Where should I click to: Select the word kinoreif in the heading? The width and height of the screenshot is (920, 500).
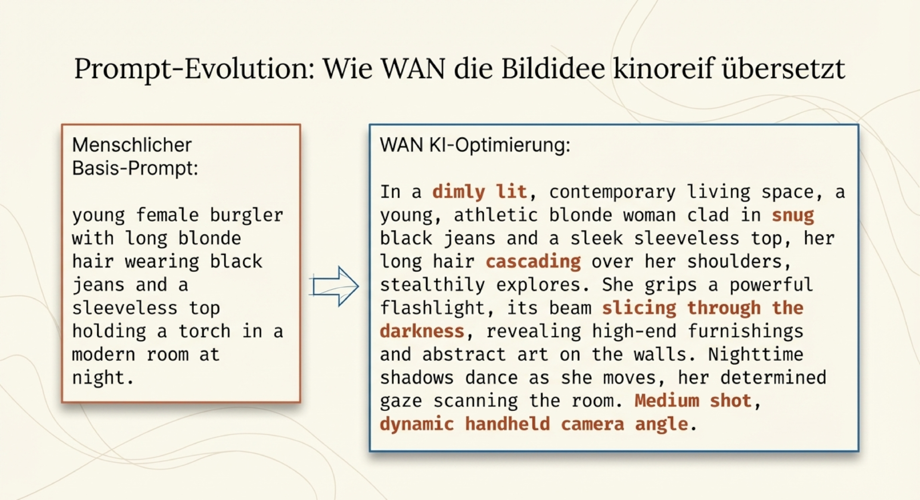[x=664, y=68]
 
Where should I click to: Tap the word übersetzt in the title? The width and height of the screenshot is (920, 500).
[x=784, y=68]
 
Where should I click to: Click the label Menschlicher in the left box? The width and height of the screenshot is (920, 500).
[x=132, y=145]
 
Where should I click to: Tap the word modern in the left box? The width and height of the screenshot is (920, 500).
[x=104, y=355]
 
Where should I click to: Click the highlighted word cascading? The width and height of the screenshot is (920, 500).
[x=534, y=262]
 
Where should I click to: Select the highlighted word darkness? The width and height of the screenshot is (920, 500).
[x=422, y=331]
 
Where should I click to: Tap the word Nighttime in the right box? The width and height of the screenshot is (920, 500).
[x=756, y=354]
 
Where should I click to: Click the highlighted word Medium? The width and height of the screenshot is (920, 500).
[x=667, y=401]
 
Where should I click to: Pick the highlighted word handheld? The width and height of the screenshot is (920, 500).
[x=507, y=424]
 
